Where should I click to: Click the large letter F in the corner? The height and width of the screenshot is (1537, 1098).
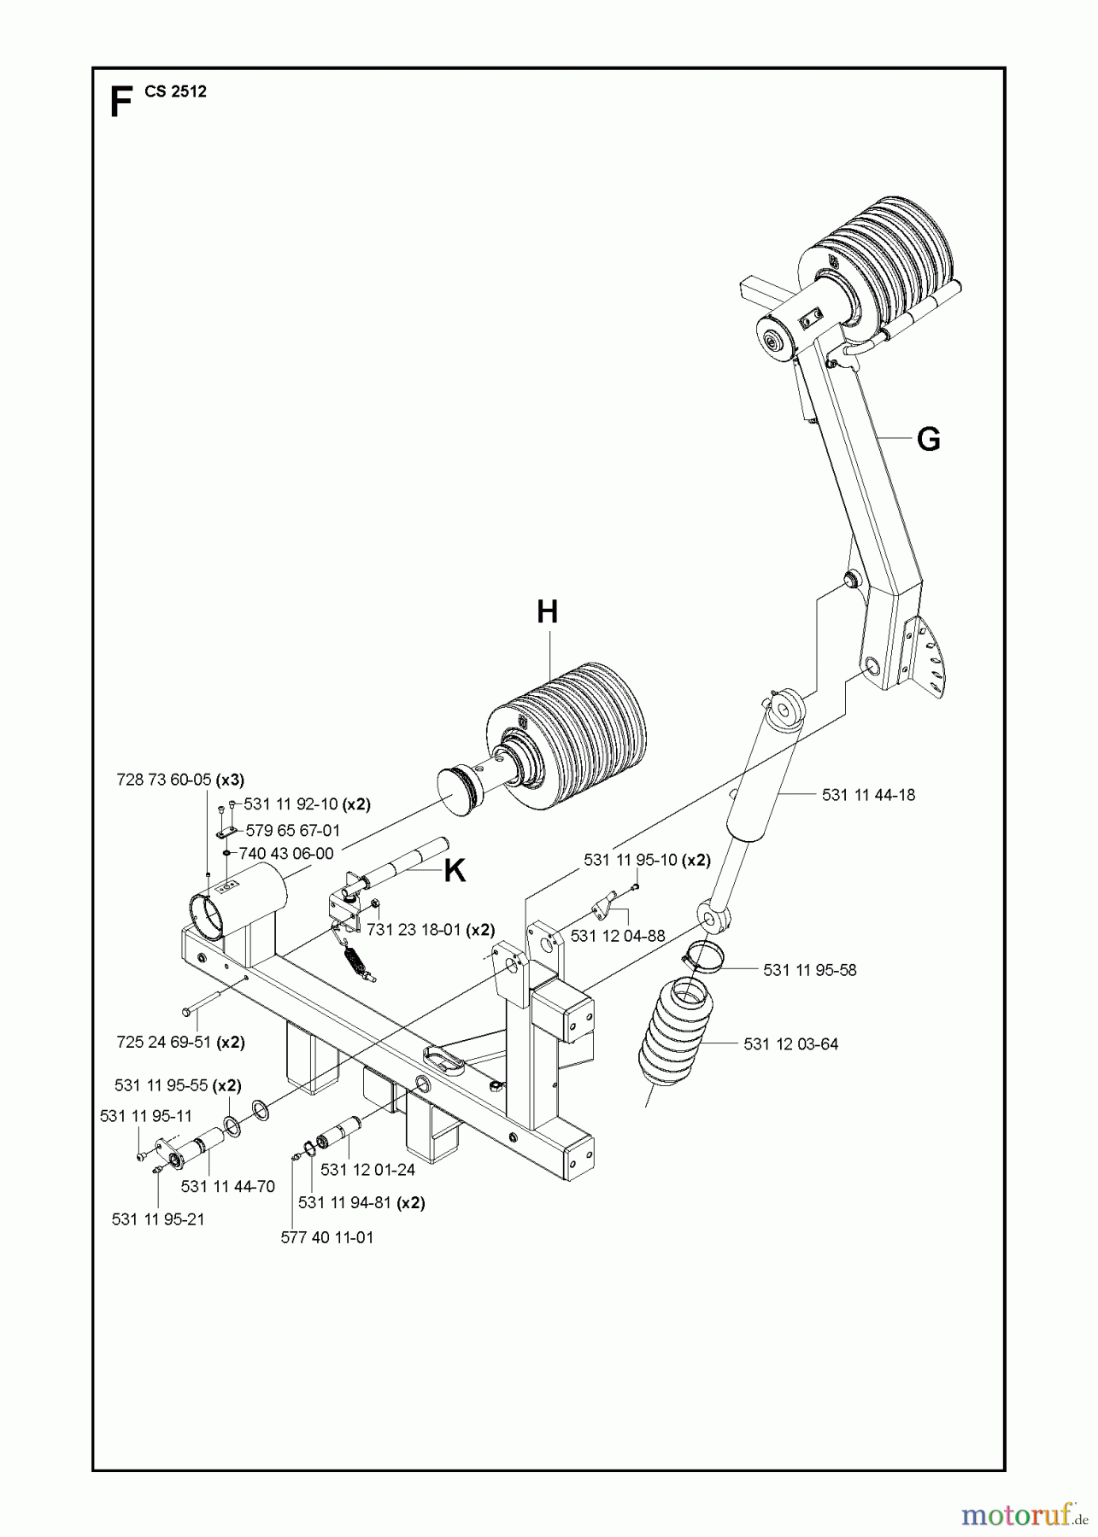point(120,102)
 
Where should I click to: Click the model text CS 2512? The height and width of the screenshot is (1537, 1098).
point(175,92)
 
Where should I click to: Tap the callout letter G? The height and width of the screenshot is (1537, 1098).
point(928,439)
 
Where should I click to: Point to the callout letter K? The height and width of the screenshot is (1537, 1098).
point(455,871)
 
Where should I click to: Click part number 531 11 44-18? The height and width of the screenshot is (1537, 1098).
point(868,795)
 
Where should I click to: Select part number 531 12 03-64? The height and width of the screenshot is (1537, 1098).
point(790,1043)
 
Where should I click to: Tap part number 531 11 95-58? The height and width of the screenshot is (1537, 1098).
point(809,970)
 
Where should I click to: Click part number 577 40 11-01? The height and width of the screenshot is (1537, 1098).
point(326,1237)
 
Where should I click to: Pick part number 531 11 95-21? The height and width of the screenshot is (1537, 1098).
point(158,1219)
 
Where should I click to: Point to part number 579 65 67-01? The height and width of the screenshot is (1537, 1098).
point(293,830)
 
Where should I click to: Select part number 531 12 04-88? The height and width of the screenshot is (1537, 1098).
point(617,936)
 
